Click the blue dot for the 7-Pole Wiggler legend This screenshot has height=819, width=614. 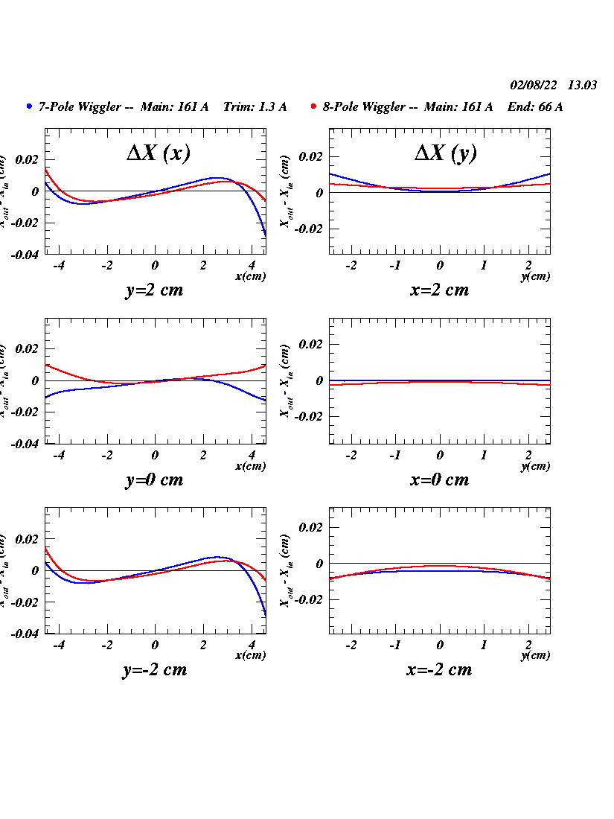[x=29, y=106]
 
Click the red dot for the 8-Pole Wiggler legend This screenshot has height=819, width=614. [x=314, y=106]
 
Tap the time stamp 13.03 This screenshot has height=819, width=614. [x=582, y=86]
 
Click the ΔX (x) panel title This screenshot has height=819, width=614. [x=158, y=153]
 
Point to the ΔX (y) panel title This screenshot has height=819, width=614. [x=445, y=153]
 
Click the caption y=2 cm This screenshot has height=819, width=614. [x=154, y=290]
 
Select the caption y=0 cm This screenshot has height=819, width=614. [x=154, y=479]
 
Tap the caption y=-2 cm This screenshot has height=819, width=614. [x=154, y=669]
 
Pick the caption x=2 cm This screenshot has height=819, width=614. [x=439, y=290]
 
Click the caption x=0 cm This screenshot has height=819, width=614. [x=439, y=479]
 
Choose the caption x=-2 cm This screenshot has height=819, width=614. [x=439, y=669]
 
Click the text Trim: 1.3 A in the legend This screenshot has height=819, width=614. [x=255, y=107]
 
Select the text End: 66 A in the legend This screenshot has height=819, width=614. [x=535, y=107]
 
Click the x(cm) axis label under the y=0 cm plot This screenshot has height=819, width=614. [x=250, y=466]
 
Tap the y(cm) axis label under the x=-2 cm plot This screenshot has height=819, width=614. [x=535, y=655]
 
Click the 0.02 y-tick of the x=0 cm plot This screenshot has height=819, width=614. [x=312, y=344]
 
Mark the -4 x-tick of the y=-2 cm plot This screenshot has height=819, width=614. [x=58, y=645]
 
